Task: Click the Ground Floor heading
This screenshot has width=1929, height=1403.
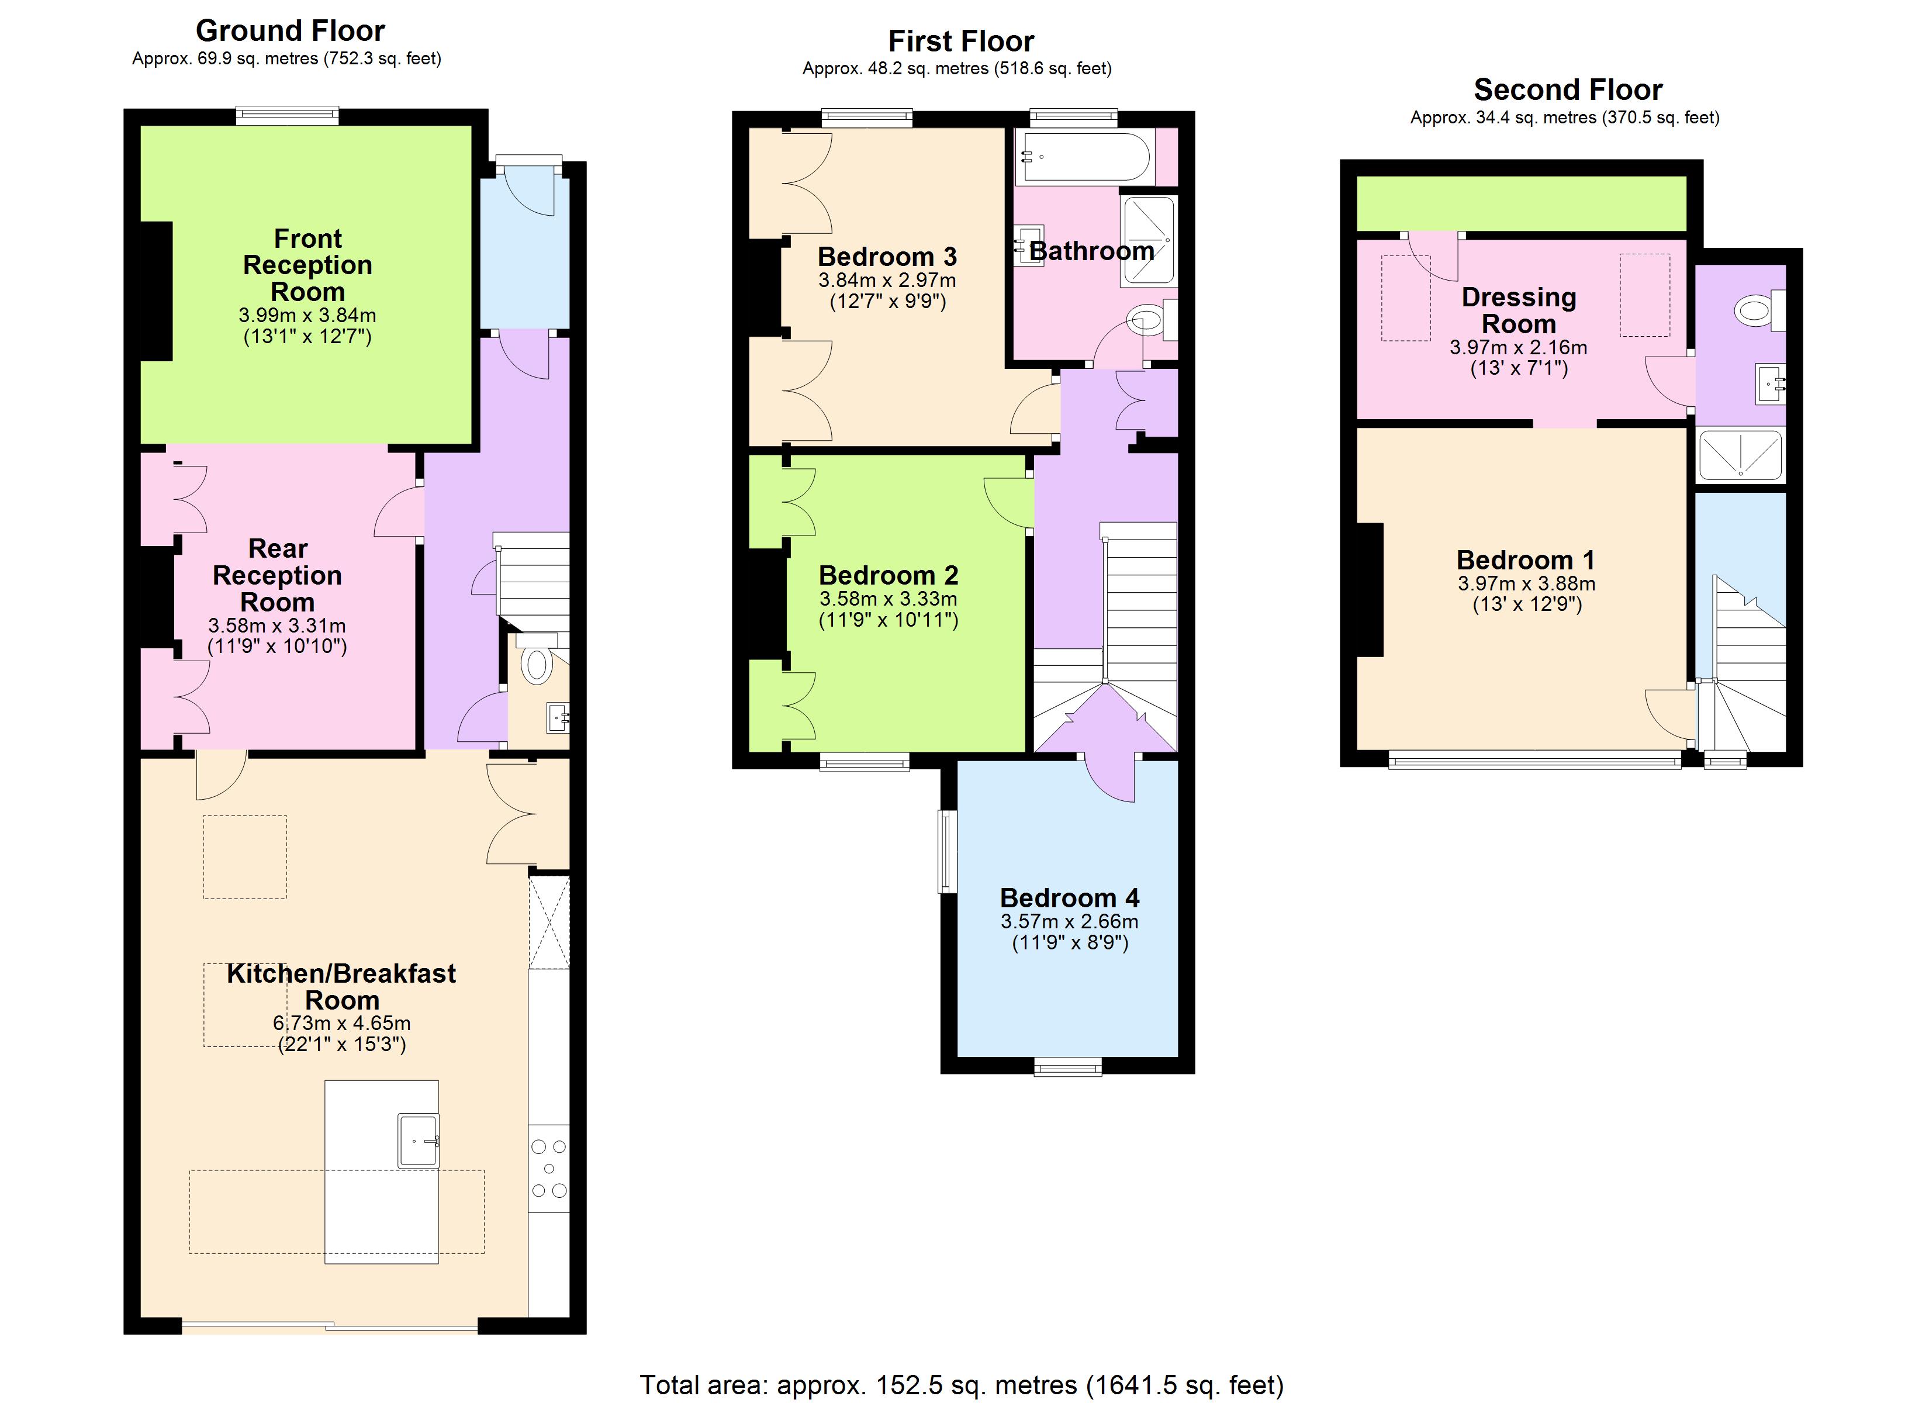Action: (x=290, y=30)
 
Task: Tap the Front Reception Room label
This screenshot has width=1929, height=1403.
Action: (x=308, y=265)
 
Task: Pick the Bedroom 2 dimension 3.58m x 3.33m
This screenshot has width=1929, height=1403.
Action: (x=888, y=599)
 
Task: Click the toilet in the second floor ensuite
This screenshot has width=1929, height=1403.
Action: (x=1759, y=310)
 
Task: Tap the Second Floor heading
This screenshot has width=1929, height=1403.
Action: (x=1568, y=89)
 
